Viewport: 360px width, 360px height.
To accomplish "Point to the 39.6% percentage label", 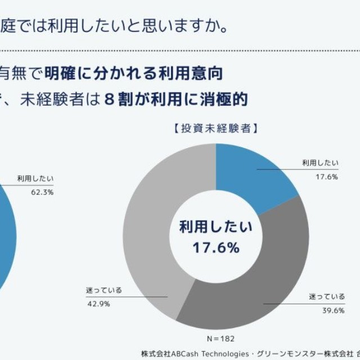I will click(319, 308).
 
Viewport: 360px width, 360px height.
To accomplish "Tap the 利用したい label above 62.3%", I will click(35, 178).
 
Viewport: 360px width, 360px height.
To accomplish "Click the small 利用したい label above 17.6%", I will click(320, 163).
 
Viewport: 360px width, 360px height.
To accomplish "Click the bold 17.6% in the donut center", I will click(216, 247).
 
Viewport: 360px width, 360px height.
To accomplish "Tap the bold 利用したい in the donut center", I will click(216, 228).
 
